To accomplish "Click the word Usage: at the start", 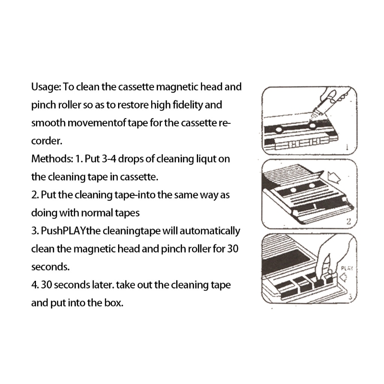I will click(46, 88).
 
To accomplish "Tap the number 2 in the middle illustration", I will click(350, 222).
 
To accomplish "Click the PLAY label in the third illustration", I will click(347, 269).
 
